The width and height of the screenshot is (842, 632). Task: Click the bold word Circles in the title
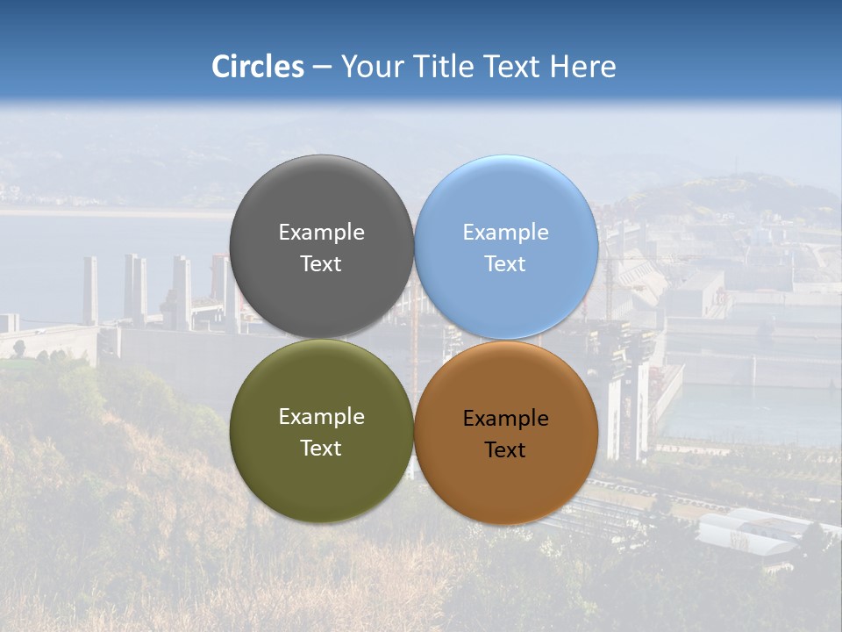click(x=258, y=67)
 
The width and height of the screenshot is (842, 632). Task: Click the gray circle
click(x=321, y=202)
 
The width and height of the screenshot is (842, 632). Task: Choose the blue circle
click(x=506, y=201)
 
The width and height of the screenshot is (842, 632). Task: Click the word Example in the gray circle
click(x=321, y=233)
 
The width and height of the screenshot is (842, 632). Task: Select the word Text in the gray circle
click(x=321, y=264)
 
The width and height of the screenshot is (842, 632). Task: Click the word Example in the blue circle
click(x=506, y=233)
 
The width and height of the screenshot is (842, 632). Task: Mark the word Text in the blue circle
click(x=506, y=264)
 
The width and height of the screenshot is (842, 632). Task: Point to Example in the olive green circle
click(x=321, y=417)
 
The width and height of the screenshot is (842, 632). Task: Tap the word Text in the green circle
click(x=321, y=449)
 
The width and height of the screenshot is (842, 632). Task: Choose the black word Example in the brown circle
click(x=506, y=419)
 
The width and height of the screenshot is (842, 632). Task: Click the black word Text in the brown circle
click(x=506, y=450)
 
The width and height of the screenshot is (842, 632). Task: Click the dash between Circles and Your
click(x=322, y=68)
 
